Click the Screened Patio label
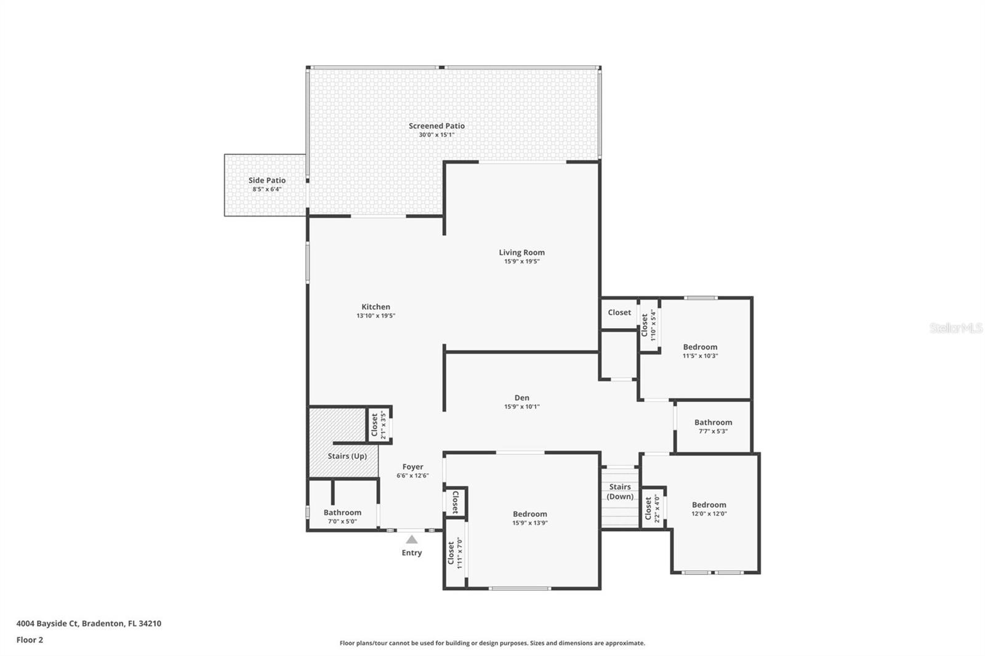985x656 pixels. [x=436, y=126]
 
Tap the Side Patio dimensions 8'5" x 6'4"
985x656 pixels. [x=267, y=190]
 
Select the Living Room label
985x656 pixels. [x=521, y=252]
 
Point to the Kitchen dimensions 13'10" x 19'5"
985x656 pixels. [x=376, y=316]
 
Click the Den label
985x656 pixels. [x=521, y=398]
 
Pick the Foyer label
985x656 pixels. [x=412, y=467]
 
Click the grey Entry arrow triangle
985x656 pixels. [x=411, y=540]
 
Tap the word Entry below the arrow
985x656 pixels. [x=411, y=553]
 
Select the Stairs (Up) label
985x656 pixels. [x=347, y=456]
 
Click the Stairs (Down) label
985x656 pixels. [x=620, y=492]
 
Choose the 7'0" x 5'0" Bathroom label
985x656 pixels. [x=342, y=513]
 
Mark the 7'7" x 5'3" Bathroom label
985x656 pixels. [x=713, y=423]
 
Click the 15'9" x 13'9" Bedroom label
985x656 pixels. [x=529, y=514]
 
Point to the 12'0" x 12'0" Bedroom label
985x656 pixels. [x=709, y=505]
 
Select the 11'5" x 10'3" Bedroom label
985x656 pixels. [x=700, y=347]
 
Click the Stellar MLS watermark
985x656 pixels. [x=955, y=328]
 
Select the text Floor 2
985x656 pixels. [x=30, y=640]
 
